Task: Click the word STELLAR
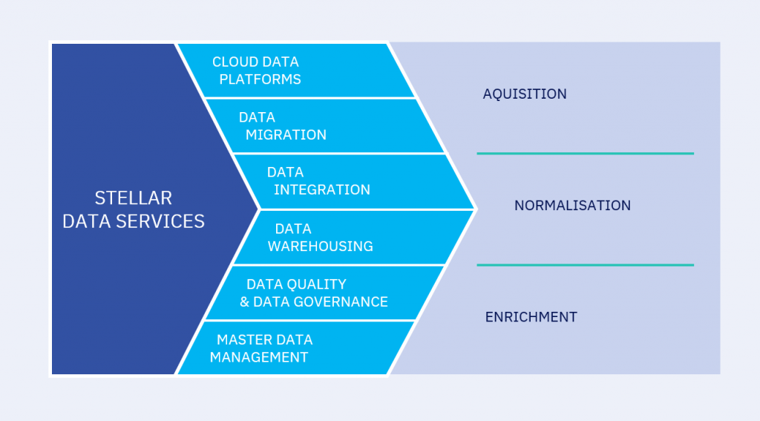point(134,198)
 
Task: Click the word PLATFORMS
point(261,79)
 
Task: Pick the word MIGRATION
point(286,134)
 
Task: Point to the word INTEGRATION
point(321,190)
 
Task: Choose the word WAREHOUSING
point(320,246)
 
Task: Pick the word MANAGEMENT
point(258,357)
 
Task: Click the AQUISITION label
point(525,94)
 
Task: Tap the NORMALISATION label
point(572,206)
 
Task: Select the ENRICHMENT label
point(531,317)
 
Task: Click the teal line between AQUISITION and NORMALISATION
point(585,154)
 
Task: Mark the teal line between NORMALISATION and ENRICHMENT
point(585,265)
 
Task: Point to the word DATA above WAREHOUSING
point(293,229)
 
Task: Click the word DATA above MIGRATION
point(257,117)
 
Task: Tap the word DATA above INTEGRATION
point(285,172)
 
